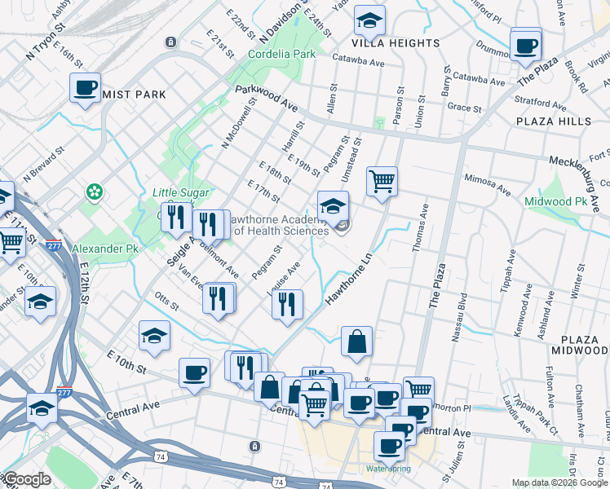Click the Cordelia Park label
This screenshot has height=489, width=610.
point(281,54)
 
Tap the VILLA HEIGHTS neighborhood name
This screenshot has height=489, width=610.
point(396,42)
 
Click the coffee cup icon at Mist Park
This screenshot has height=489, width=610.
point(85,88)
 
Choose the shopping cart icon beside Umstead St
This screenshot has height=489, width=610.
point(382,180)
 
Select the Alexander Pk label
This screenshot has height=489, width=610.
point(103,248)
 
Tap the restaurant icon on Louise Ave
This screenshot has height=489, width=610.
point(287,305)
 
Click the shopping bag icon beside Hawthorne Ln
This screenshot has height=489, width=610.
point(356,341)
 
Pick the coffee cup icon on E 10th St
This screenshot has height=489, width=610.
point(194,372)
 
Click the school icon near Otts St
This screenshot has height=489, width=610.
point(154,337)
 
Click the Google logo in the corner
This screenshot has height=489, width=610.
point(26,479)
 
